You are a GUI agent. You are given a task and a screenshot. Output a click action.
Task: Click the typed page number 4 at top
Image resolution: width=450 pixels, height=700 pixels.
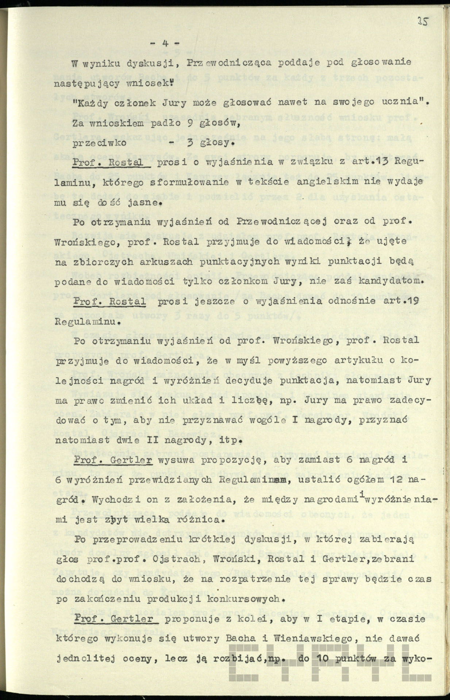click(x=165, y=43)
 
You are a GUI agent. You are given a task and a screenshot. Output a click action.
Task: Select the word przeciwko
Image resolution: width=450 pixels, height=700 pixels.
click(x=99, y=143)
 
